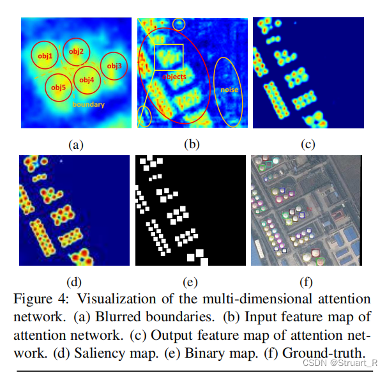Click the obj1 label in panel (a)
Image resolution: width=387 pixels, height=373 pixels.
click(x=45, y=57)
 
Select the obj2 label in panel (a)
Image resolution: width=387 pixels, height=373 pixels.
click(x=76, y=51)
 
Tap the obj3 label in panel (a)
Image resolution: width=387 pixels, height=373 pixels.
click(x=114, y=66)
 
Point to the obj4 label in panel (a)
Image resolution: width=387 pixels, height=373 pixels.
click(x=87, y=79)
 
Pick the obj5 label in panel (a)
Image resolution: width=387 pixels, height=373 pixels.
click(x=57, y=87)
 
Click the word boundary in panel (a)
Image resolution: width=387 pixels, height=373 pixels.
click(x=88, y=104)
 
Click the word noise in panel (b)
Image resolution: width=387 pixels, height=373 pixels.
click(x=229, y=90)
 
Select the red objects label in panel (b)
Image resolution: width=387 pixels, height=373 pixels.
click(x=174, y=76)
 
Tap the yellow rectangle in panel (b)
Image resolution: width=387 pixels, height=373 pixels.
click(x=169, y=57)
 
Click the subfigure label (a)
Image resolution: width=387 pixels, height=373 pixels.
click(x=76, y=145)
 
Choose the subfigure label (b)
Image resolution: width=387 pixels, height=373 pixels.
click(x=191, y=145)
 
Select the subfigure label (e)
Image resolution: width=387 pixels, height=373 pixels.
click(x=191, y=281)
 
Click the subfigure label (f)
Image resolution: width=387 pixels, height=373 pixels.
click(x=308, y=281)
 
